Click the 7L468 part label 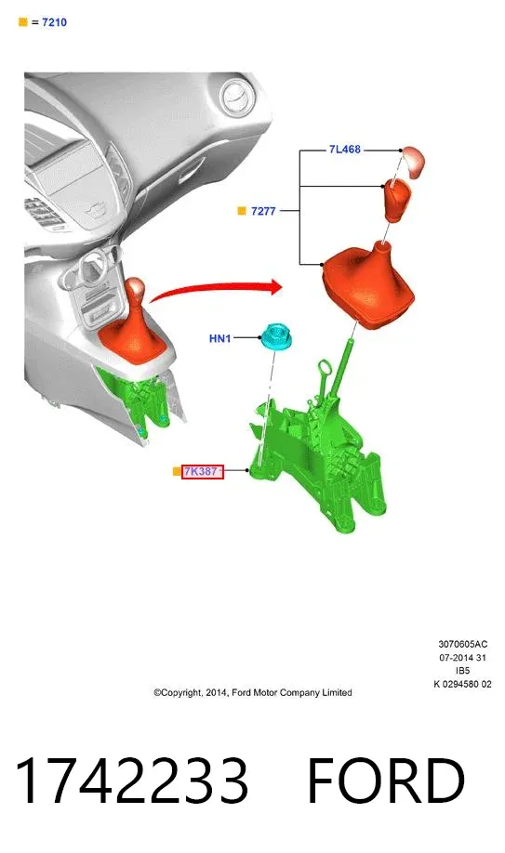pos(344,149)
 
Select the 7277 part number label pos(263,211)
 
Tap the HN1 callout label pos(220,338)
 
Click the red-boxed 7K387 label pos(202,472)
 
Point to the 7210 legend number pos(55,22)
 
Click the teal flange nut pos(275,336)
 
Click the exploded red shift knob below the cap pos(397,200)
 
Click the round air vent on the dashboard pos(237,98)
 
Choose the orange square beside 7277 pos(242,211)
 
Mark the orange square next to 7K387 pos(177,472)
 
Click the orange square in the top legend pos(23,21)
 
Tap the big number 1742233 pos(131,781)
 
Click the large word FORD pos(386,781)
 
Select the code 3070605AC pos(463,644)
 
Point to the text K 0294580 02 pos(462,684)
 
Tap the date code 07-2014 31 pos(463,657)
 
